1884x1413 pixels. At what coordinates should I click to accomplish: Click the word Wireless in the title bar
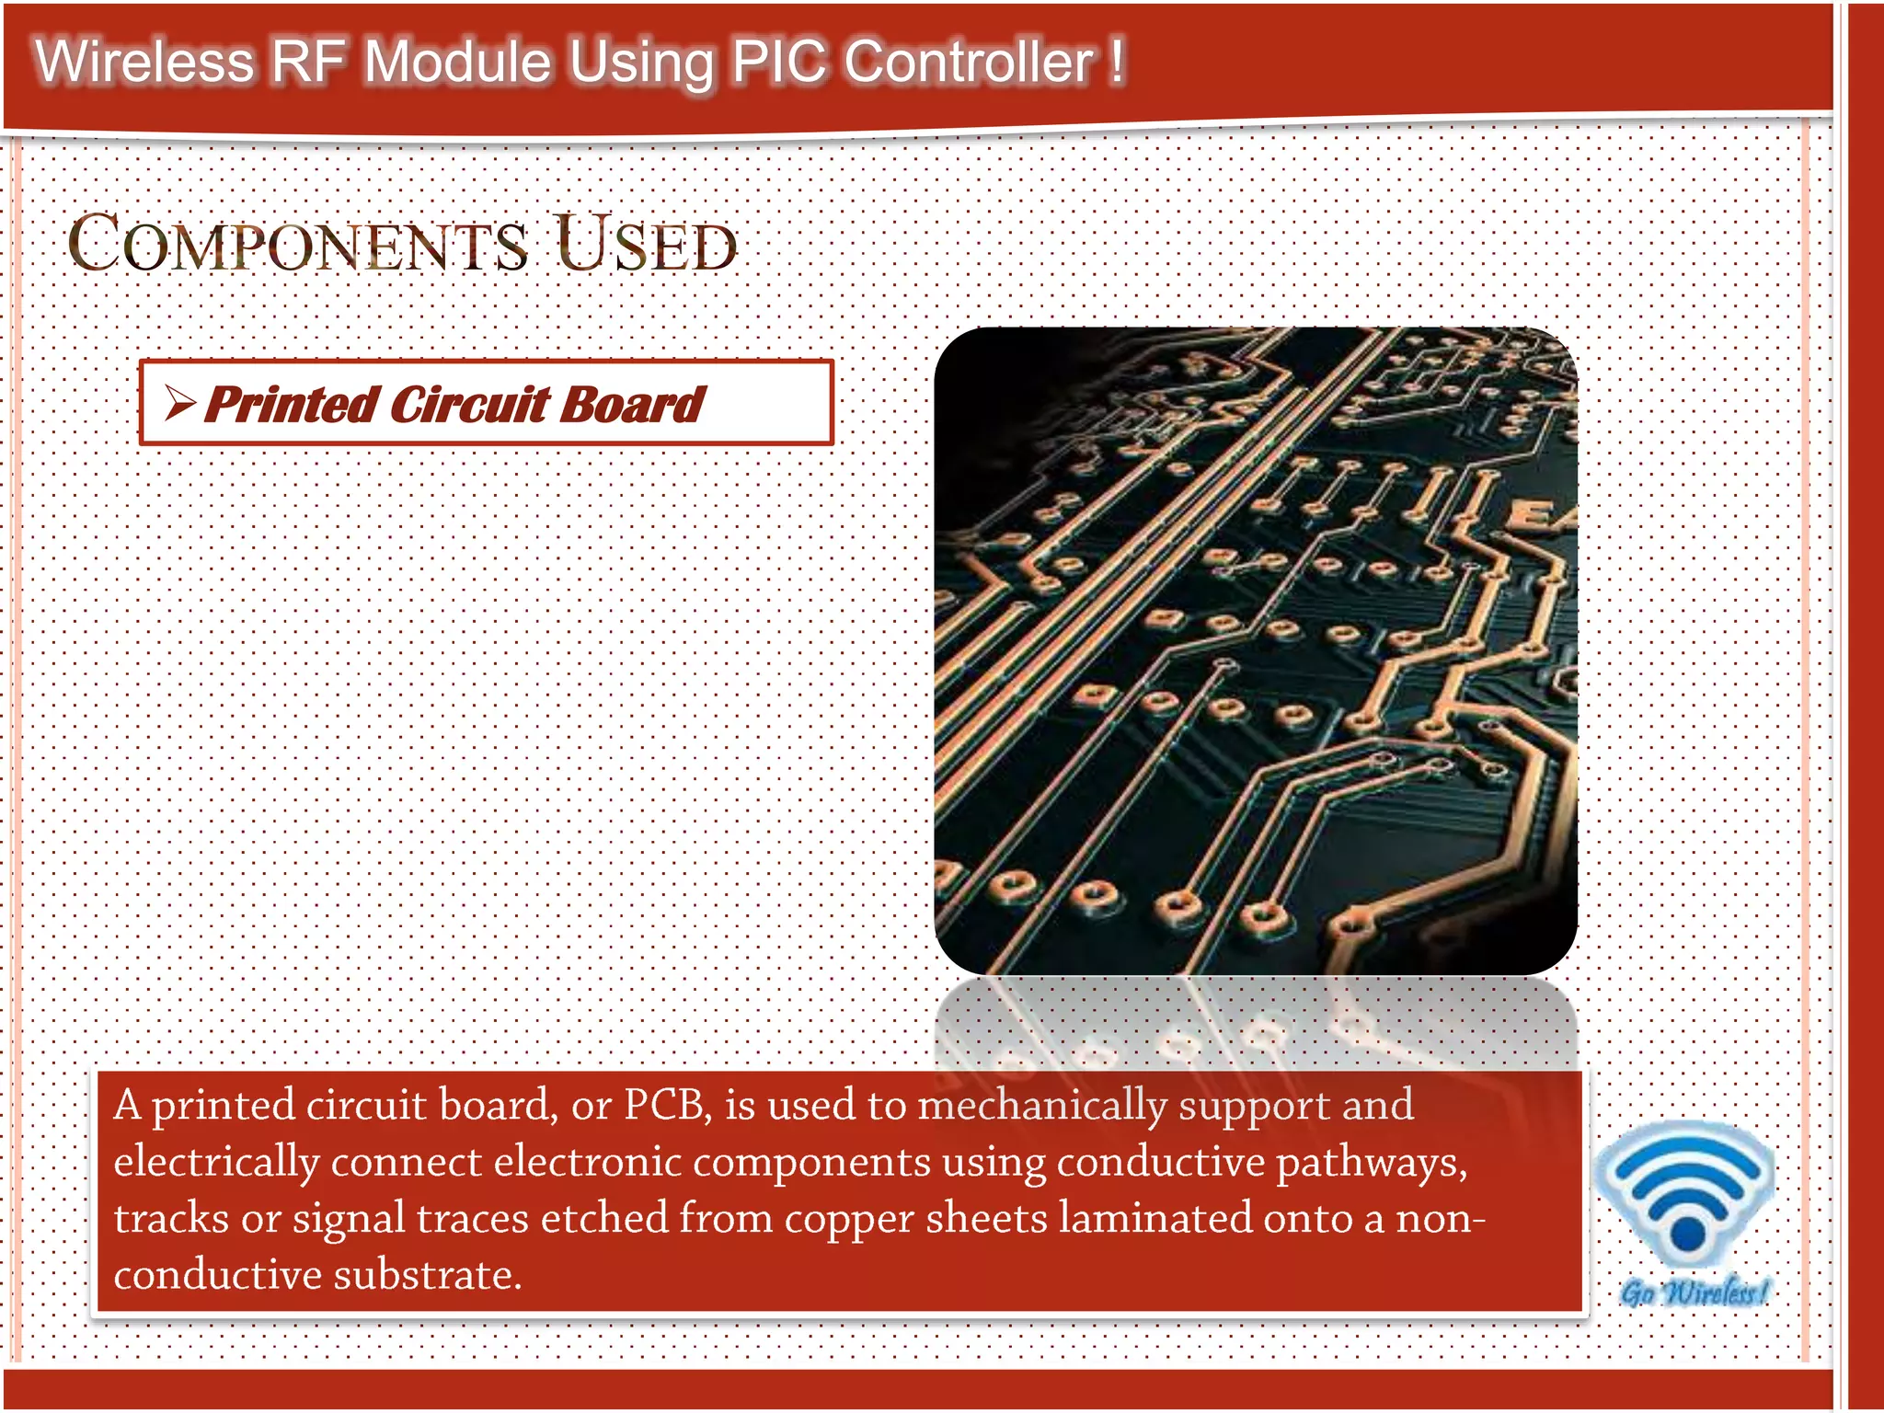tap(144, 62)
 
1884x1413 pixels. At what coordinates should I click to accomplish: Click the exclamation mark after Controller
tap(1116, 62)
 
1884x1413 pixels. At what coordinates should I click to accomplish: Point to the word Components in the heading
tap(298, 245)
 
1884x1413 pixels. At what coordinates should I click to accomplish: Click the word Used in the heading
tap(646, 245)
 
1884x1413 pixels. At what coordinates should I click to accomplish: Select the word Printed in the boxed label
tap(291, 405)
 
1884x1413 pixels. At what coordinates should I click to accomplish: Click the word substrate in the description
tap(428, 1275)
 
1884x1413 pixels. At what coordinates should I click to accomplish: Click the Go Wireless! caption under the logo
tap(1694, 1292)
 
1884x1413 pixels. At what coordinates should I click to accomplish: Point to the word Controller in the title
tap(970, 62)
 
